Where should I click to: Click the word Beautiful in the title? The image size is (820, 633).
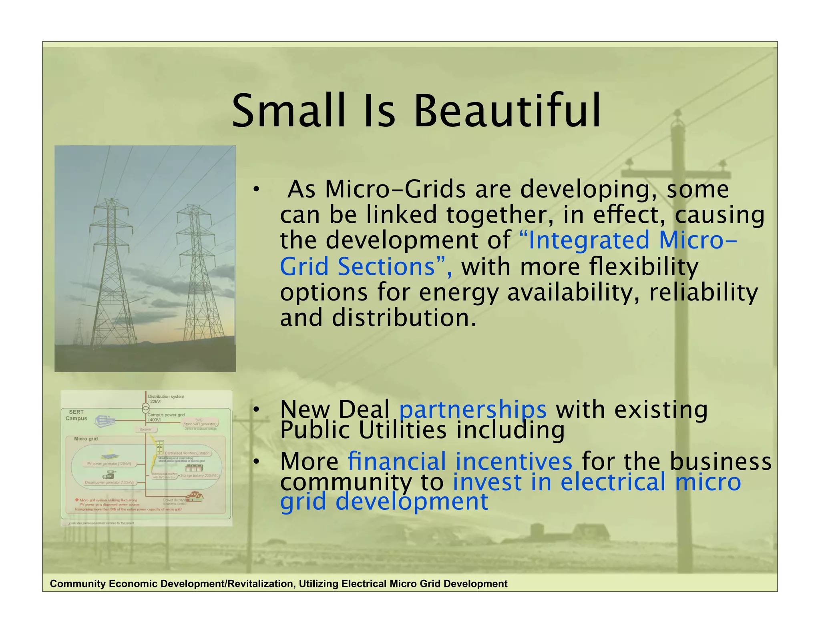[x=507, y=111]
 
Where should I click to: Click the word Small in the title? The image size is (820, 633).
[x=288, y=111]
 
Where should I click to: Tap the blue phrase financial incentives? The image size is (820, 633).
[x=460, y=461]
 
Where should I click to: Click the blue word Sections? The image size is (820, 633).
[x=386, y=266]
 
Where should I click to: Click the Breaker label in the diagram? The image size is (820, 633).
[x=146, y=429]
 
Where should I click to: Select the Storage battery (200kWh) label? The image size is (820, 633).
[x=199, y=475]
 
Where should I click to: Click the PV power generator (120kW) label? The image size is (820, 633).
[x=109, y=464]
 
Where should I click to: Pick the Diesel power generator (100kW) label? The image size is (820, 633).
[x=109, y=483]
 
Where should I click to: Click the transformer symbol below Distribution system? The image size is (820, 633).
[x=146, y=408]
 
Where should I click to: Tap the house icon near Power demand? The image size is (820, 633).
[x=194, y=497]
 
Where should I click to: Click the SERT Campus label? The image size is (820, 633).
[x=76, y=415]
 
